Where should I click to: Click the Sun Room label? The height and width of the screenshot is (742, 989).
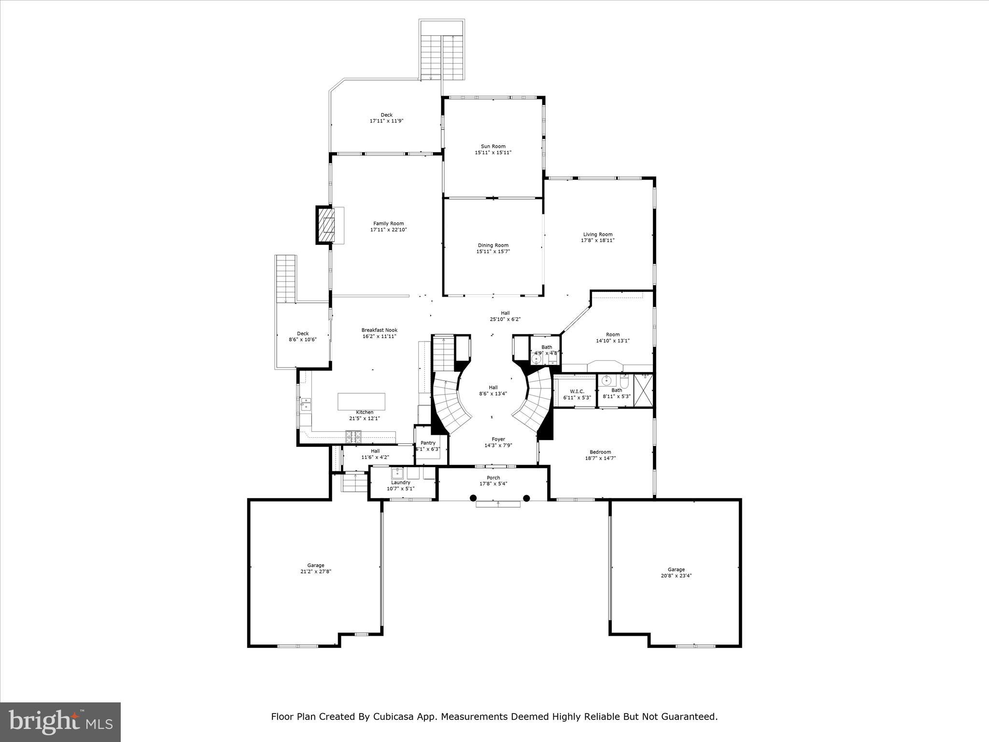pyautogui.click(x=493, y=146)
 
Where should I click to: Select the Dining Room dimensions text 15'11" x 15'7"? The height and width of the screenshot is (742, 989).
pyautogui.click(x=493, y=252)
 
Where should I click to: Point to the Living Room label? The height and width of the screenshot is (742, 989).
pyautogui.click(x=597, y=234)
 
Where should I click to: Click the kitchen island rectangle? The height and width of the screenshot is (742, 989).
pyautogui.click(x=361, y=401)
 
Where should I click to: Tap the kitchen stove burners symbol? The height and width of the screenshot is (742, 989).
pyautogui.click(x=353, y=436)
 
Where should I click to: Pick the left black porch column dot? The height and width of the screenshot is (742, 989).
pyautogui.click(x=473, y=498)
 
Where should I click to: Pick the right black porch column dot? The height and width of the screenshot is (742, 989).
pyautogui.click(x=526, y=498)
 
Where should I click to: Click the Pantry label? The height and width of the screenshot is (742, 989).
pyautogui.click(x=428, y=443)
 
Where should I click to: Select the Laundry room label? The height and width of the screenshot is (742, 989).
pyautogui.click(x=400, y=483)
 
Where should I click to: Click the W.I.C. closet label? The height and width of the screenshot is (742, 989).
pyautogui.click(x=577, y=391)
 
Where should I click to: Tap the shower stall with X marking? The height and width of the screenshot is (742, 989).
pyautogui.click(x=643, y=390)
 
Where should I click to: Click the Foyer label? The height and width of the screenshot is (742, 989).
pyautogui.click(x=498, y=439)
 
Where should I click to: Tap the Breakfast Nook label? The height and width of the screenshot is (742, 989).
pyautogui.click(x=379, y=330)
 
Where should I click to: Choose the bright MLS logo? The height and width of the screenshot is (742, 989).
pyautogui.click(x=60, y=722)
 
